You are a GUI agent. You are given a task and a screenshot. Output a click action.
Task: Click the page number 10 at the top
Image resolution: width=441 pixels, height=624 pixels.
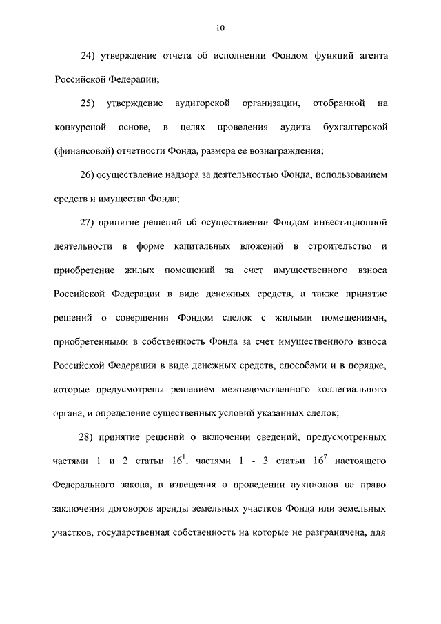[220, 28]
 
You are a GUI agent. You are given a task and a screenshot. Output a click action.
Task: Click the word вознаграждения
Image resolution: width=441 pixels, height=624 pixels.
[283, 152]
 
